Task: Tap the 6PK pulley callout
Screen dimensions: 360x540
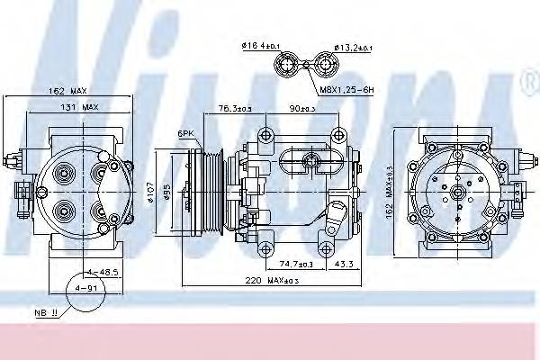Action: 186,133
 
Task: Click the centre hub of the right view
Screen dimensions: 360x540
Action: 457,191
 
